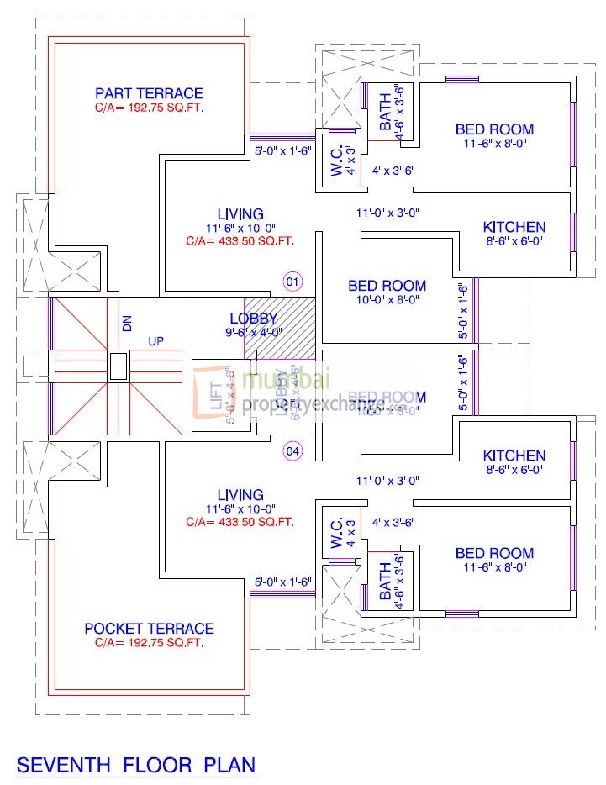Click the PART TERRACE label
[x=149, y=93]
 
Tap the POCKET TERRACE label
[x=149, y=629]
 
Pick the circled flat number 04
[x=292, y=451]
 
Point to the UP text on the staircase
[x=156, y=342]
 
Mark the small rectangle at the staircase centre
[x=118, y=366]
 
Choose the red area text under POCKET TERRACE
[x=149, y=643]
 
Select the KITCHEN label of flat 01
[x=514, y=227]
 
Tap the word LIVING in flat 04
[x=240, y=496]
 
